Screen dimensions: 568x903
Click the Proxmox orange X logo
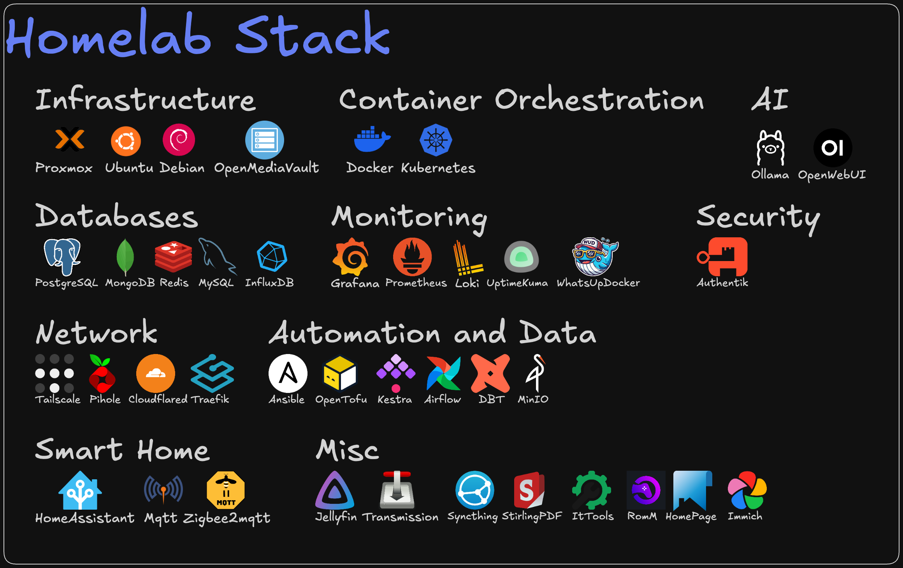[70, 139]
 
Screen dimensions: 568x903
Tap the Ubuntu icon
[126, 141]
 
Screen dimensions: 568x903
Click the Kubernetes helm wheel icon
[436, 140]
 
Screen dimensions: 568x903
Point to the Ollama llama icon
[770, 148]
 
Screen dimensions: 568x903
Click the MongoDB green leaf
[125, 257]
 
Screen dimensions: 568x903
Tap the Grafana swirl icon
[351, 257]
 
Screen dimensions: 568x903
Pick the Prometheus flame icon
[413, 257]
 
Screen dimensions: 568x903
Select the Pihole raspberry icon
[102, 373]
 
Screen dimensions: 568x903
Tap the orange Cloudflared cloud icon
[156, 373]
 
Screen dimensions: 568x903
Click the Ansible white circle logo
[288, 373]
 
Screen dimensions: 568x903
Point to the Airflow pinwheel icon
[444, 373]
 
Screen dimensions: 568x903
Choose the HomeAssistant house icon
[80, 491]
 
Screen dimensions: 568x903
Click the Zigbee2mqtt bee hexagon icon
[226, 490]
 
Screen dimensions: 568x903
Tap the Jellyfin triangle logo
[334, 491]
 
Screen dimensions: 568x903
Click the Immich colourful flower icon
[747, 490]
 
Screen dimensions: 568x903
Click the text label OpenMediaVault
[267, 168]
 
